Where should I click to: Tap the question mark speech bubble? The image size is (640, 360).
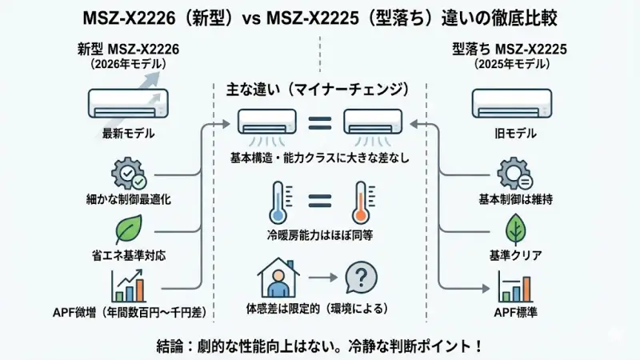tap(361, 279)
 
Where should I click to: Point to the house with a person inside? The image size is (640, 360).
tap(278, 278)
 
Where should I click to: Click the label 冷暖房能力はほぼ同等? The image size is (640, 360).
tap(319, 236)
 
